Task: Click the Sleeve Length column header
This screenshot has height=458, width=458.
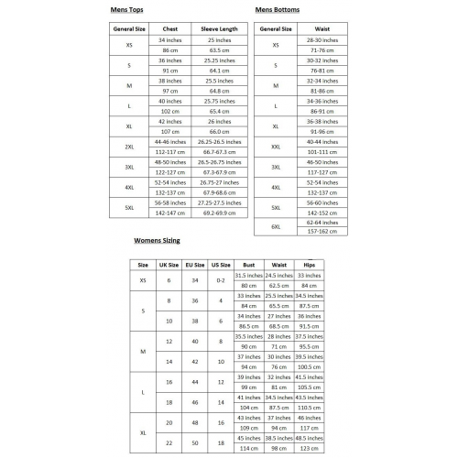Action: click(x=218, y=29)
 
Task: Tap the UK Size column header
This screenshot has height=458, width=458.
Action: click(x=169, y=265)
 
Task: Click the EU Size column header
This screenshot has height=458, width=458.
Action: click(x=195, y=265)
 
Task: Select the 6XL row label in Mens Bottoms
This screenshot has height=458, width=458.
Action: click(x=276, y=225)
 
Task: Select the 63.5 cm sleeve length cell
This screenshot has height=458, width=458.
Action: click(x=218, y=49)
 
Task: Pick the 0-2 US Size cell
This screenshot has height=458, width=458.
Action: click(x=221, y=279)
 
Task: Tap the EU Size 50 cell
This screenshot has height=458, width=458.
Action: click(x=195, y=442)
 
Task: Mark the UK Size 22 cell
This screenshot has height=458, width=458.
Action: click(x=169, y=442)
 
